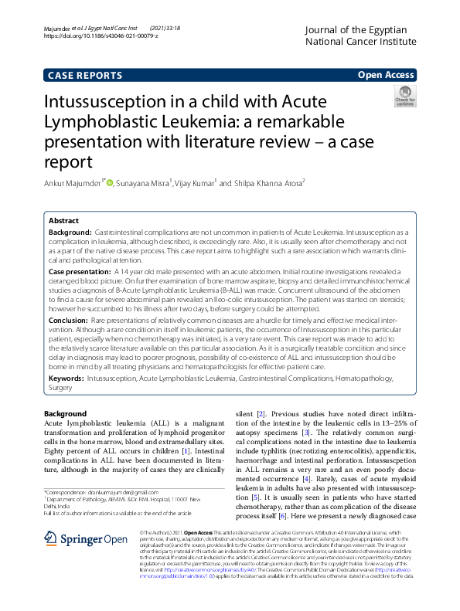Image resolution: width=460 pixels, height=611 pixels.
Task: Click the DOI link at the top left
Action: [x=101, y=36]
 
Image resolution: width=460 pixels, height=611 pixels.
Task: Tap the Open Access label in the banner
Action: [x=386, y=75]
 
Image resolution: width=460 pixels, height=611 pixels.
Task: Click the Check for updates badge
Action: [x=404, y=97]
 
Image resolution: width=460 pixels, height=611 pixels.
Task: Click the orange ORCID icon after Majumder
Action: [x=110, y=183]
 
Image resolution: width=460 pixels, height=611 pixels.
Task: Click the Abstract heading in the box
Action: [x=63, y=220]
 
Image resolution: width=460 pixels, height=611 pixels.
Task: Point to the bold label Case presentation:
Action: [x=80, y=273]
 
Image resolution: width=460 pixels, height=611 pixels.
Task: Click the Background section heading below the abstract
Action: [x=66, y=414]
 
